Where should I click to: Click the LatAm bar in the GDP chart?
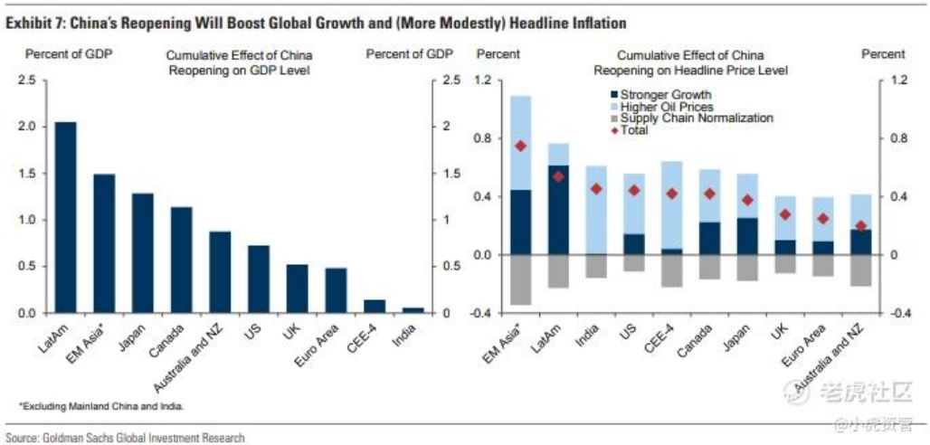(x=65, y=217)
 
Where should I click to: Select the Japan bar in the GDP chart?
(x=143, y=253)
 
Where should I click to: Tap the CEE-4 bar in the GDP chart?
(x=375, y=306)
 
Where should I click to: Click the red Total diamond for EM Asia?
(x=520, y=146)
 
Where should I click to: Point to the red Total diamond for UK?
(x=785, y=214)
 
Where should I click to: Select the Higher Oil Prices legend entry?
(x=661, y=106)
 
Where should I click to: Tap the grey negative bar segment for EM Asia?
(x=520, y=279)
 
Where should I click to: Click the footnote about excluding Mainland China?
(x=100, y=406)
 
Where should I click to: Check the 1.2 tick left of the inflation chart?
(x=489, y=80)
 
